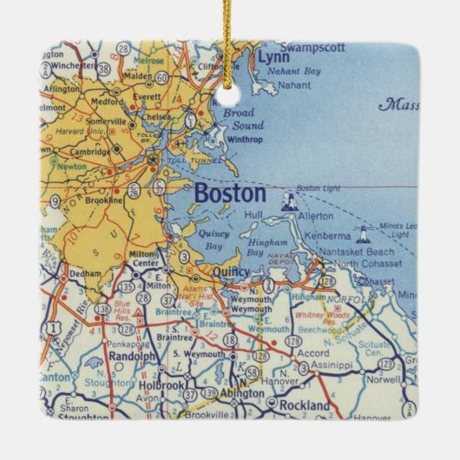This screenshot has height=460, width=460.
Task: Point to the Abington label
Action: (x=240, y=393)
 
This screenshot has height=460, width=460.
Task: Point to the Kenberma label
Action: (x=322, y=234)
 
